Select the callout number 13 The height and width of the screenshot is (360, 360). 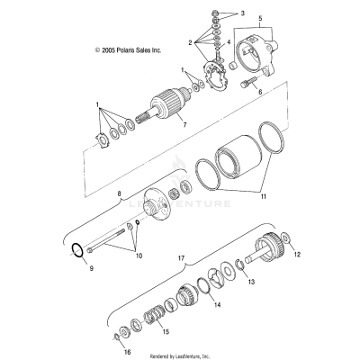pos(251,282)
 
